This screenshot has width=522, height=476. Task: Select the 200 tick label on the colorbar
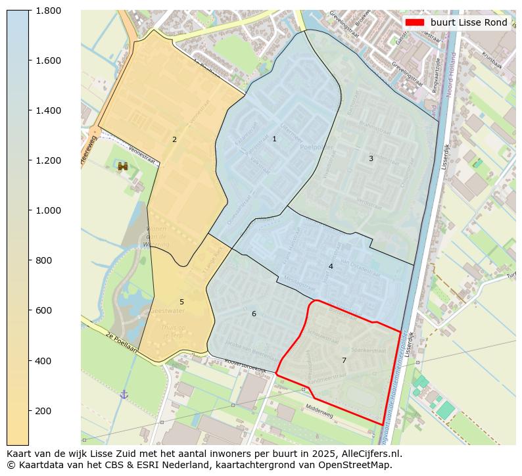tap(43, 411)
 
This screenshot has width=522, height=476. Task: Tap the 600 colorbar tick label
tap(43, 310)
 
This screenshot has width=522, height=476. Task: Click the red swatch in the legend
tap(415, 22)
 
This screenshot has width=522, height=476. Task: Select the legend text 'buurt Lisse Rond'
tap(469, 22)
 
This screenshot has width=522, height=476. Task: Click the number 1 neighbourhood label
tap(274, 139)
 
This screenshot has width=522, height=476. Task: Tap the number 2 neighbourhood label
tap(174, 139)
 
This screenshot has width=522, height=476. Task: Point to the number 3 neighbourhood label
tap(371, 158)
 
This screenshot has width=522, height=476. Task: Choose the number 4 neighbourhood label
tap(331, 266)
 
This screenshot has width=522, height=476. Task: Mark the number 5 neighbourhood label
tap(181, 302)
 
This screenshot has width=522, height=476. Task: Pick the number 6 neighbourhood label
tap(254, 314)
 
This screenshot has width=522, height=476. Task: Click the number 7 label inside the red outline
tap(344, 360)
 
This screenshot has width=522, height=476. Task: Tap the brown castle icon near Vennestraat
tap(123, 166)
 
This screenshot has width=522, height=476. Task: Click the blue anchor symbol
tap(124, 394)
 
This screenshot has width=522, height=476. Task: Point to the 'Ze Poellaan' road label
tap(121, 342)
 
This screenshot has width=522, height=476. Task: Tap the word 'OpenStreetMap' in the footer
tap(360, 465)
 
